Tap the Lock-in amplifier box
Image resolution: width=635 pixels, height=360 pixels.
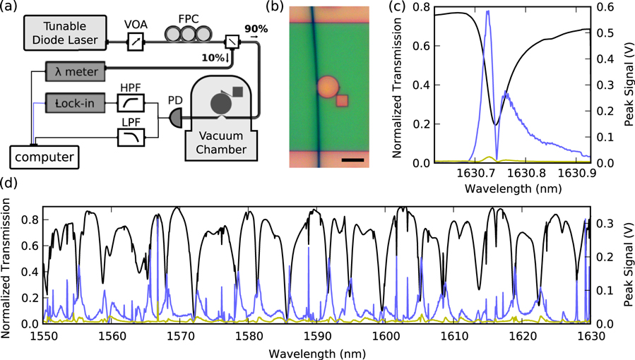(73, 104)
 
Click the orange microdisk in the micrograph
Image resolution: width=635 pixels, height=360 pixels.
(328, 88)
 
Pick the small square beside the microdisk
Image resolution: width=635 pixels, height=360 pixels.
(343, 101)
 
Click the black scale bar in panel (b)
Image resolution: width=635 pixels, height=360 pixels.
(352, 160)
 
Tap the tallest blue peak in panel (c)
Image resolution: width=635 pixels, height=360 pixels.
(487, 12)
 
